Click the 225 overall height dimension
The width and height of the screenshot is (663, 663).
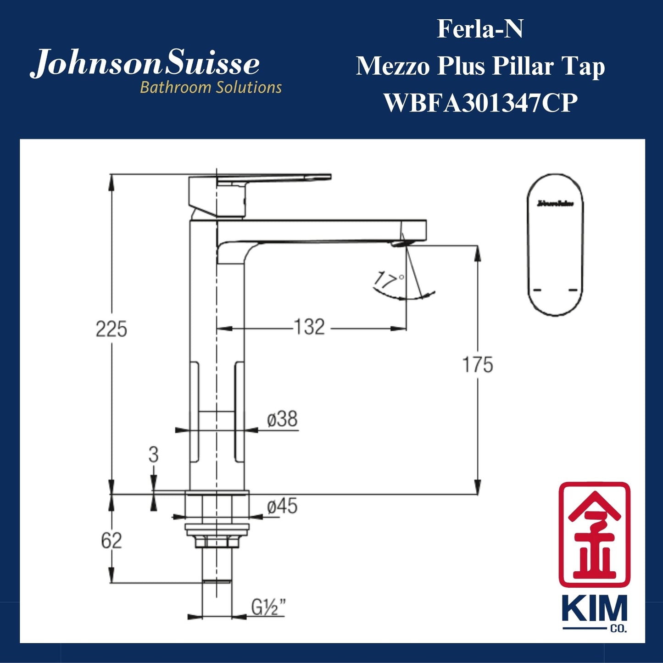111,329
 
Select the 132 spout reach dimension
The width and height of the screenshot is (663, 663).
309,328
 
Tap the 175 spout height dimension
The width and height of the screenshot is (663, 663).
477,365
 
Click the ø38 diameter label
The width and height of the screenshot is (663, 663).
282,419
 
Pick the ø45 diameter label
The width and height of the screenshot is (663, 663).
282,507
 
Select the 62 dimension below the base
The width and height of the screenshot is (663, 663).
111,541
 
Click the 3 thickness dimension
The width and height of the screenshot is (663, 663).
153,455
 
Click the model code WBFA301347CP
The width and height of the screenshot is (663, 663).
480,103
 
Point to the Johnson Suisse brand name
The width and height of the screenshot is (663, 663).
145,64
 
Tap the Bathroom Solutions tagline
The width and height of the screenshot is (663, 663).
211,87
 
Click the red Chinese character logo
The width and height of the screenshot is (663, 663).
594,535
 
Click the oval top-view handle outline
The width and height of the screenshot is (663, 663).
556,245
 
